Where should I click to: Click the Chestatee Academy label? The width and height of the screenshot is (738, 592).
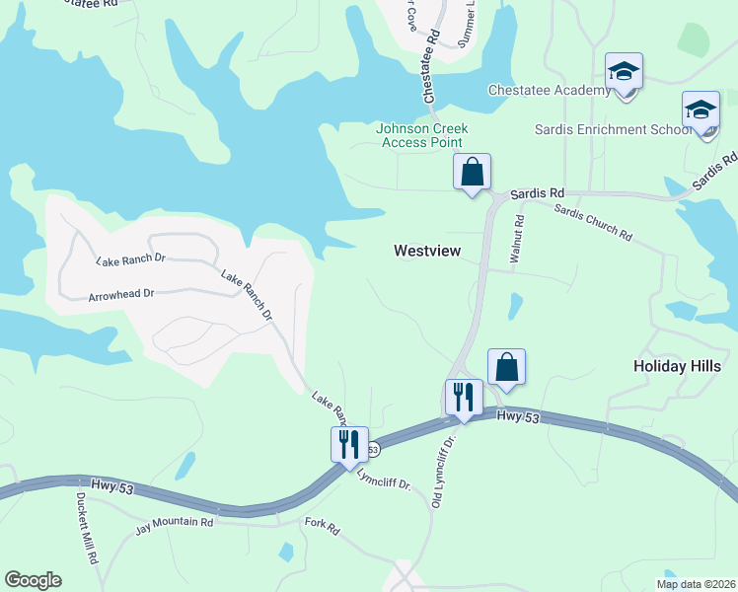(x=550, y=91)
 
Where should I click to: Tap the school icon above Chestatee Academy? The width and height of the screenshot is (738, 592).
(x=624, y=72)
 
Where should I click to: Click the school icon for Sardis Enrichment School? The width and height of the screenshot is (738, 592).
(x=701, y=111)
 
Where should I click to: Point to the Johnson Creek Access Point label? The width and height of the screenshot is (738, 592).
(x=422, y=135)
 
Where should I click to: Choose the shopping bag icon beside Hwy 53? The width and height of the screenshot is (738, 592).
(x=506, y=367)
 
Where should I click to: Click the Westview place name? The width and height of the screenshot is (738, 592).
(x=427, y=251)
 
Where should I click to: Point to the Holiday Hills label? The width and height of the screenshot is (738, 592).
(x=677, y=366)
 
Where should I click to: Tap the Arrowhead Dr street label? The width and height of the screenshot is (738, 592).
(x=121, y=294)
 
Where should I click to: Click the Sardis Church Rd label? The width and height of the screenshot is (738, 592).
(x=592, y=221)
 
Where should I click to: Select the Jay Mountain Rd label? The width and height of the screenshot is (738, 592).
(x=175, y=521)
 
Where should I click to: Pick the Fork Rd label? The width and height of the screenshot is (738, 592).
(x=322, y=527)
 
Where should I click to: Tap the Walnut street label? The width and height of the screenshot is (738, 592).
(x=514, y=240)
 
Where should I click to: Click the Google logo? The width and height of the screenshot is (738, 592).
(x=33, y=580)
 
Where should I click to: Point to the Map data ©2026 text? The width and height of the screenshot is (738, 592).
(x=696, y=584)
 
